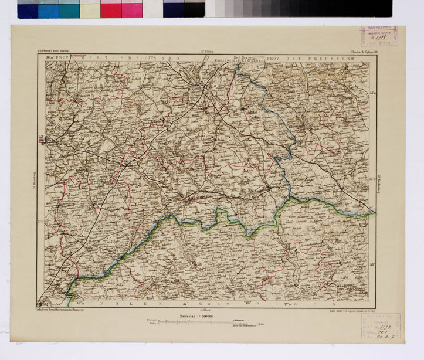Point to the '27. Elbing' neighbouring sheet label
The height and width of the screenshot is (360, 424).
pos(206,53)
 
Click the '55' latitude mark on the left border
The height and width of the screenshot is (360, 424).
pos(41,138)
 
